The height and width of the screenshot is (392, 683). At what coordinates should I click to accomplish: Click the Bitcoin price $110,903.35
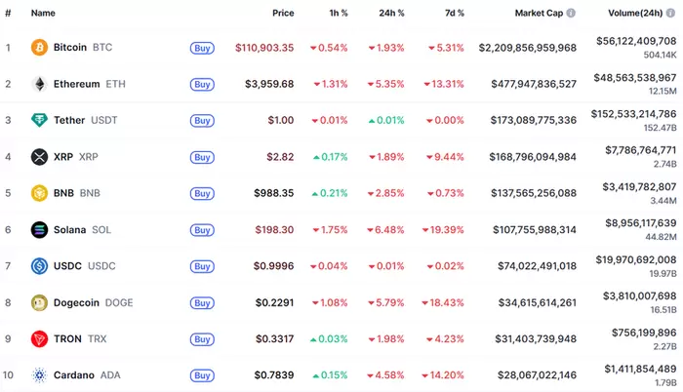[264, 47]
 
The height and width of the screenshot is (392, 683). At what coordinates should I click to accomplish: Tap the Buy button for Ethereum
[202, 84]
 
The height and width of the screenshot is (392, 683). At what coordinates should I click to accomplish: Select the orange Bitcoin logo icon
[39, 47]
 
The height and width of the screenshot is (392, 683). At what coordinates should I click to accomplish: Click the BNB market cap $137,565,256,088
[527, 193]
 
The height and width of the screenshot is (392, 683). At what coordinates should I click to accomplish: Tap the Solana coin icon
[39, 230]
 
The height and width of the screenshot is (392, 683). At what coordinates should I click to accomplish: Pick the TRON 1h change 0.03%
[330, 338]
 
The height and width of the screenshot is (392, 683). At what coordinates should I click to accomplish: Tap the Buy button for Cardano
[202, 375]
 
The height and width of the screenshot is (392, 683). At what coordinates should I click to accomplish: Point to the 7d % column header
[449, 14]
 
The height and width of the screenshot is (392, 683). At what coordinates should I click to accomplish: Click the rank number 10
[8, 375]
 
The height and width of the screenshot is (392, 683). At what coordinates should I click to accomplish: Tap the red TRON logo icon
[39, 338]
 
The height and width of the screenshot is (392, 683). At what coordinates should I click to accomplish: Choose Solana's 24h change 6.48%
[388, 230]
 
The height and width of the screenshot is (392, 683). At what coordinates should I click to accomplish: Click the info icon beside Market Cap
[571, 14]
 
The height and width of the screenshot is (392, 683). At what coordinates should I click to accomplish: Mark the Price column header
[283, 14]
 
